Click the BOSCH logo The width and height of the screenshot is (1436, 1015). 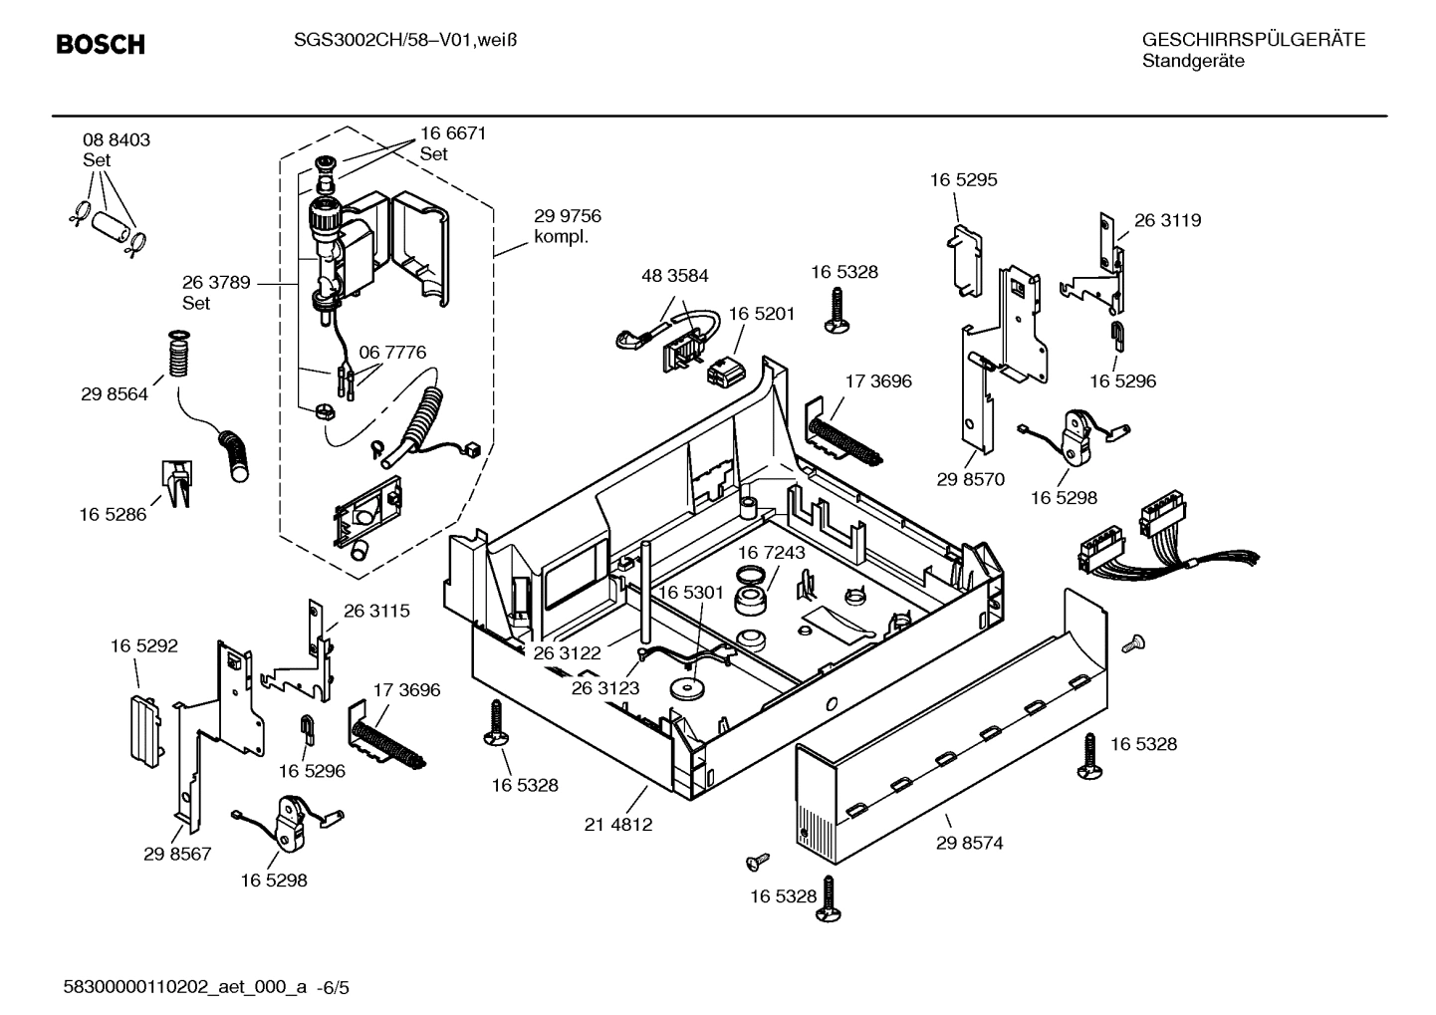pos(101,45)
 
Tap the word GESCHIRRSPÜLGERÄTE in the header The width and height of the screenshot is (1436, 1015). pos(1253,40)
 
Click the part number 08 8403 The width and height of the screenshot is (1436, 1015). pos(117,140)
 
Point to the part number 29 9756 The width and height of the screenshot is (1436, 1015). pos(568,216)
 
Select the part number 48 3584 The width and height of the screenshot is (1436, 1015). pos(675,276)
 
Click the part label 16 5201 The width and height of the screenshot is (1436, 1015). pos(762,314)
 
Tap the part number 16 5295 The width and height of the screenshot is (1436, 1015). pos(963,180)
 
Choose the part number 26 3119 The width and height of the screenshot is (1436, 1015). pos(1167,220)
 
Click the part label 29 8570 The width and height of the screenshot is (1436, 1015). pos(970,479)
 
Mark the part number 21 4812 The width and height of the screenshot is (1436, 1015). pos(618,825)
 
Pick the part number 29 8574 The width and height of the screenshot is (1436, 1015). pos(969,843)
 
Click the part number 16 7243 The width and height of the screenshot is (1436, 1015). pos(772,552)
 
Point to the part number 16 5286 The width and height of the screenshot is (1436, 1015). pos(113,515)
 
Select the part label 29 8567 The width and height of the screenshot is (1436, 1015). pos(177,854)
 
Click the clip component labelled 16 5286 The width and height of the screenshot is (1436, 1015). pos(175,483)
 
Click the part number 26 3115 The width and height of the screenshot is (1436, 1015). pos(376,611)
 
